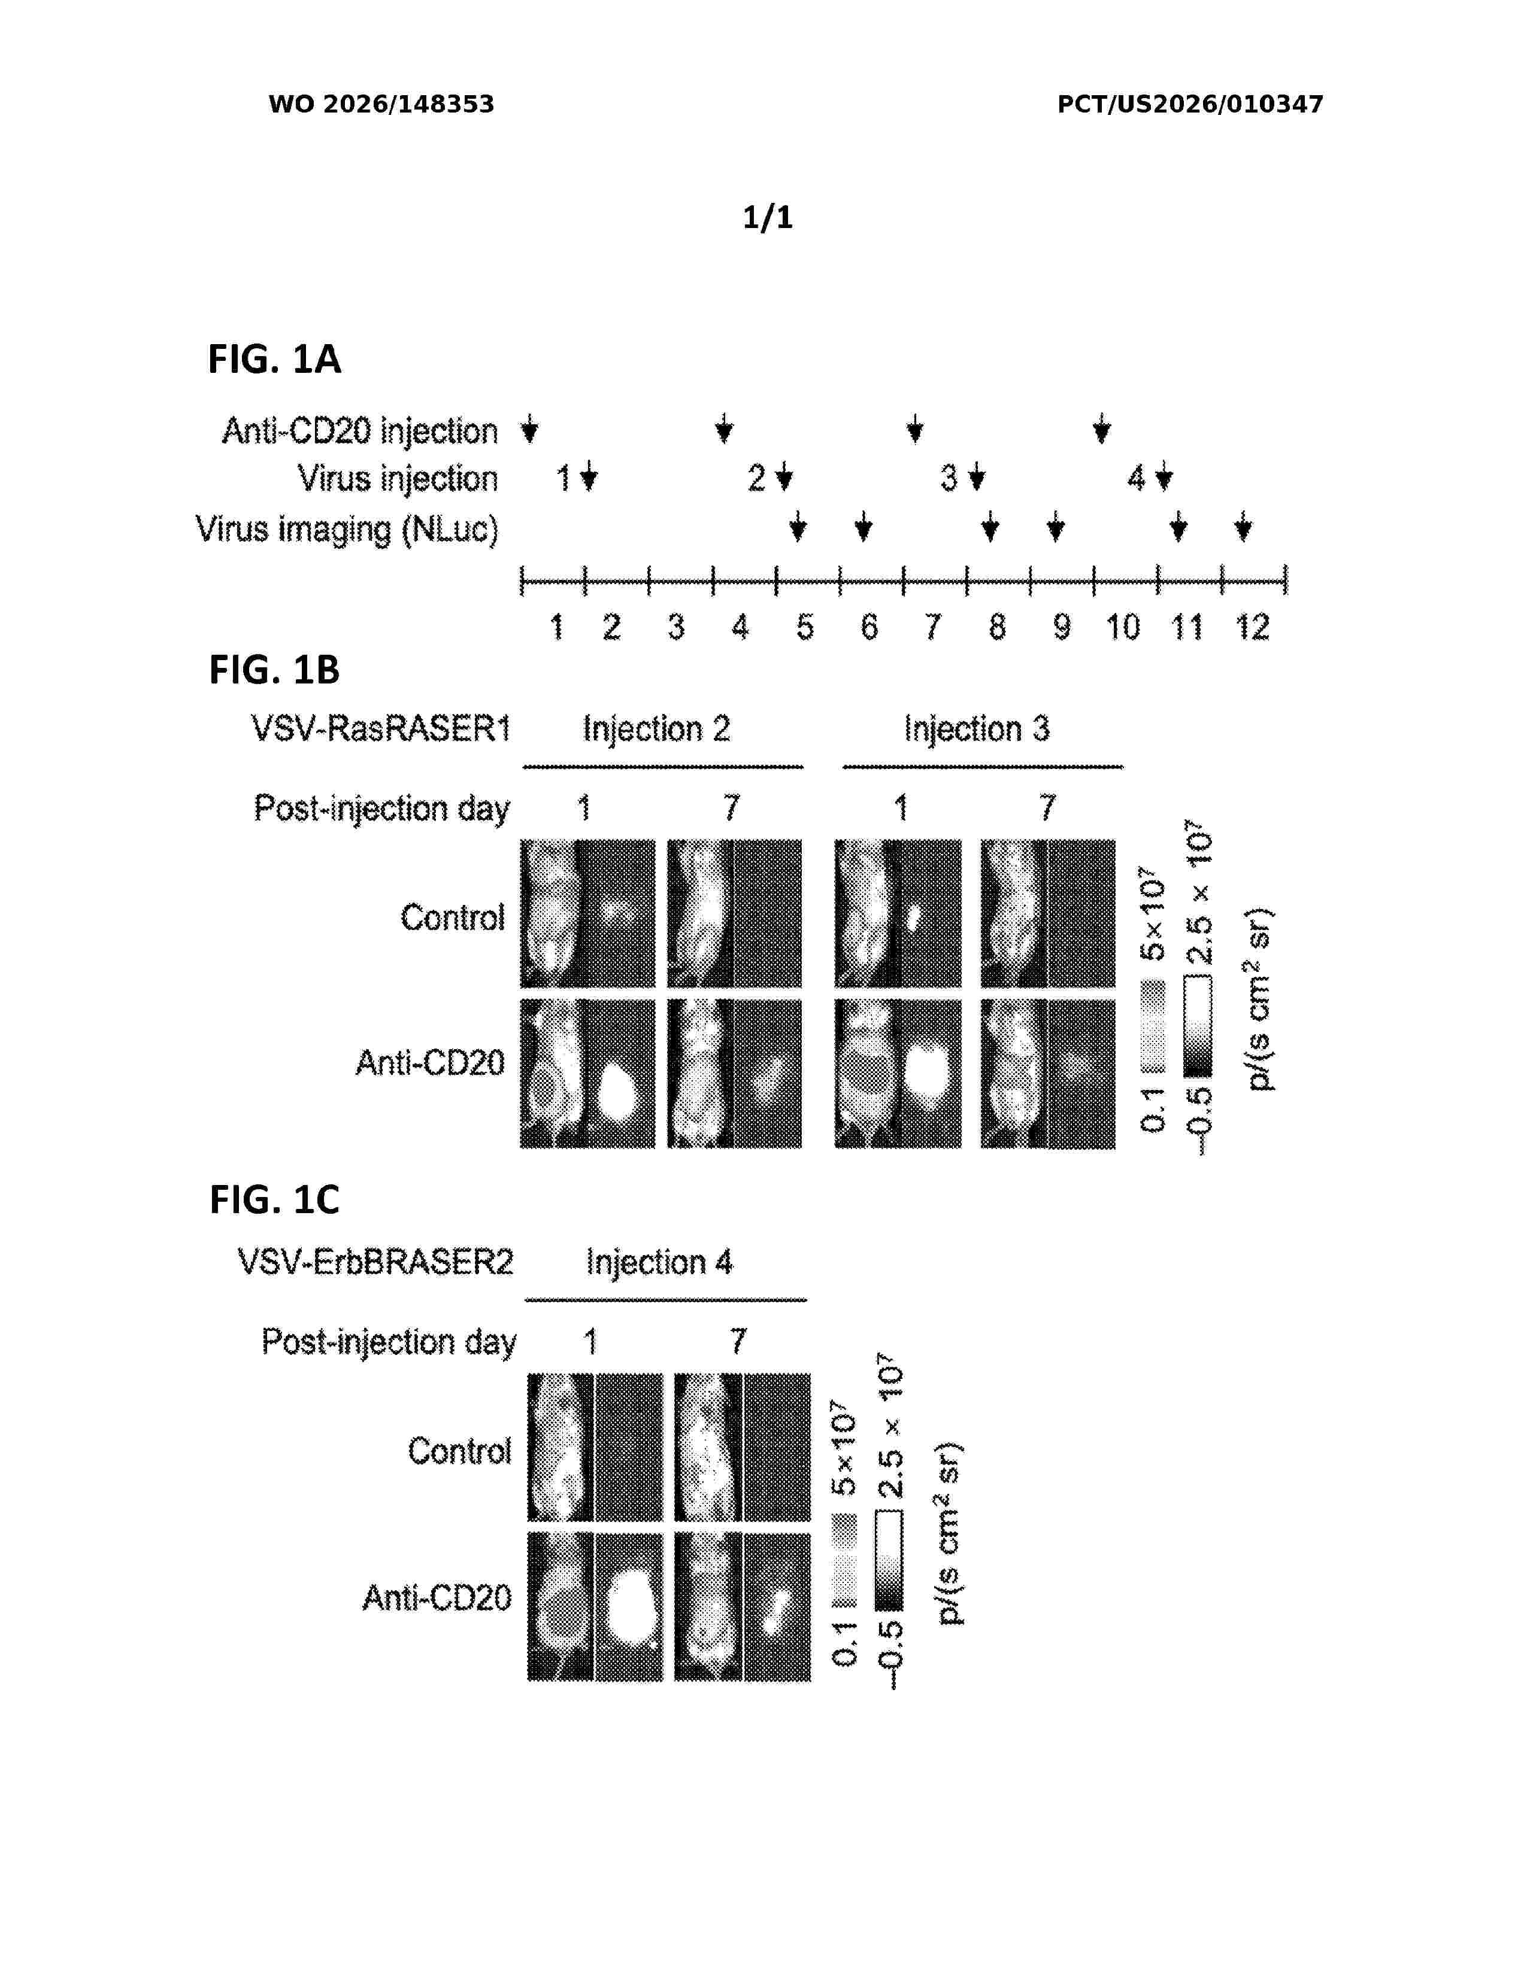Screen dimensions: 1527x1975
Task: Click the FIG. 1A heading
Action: [274, 359]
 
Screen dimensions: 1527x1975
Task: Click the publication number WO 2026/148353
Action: [381, 104]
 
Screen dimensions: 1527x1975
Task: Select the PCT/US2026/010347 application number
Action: [1190, 104]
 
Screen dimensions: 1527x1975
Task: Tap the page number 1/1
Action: [767, 217]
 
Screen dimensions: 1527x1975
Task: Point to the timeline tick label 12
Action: [1253, 627]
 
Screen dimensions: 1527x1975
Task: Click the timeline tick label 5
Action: [804, 627]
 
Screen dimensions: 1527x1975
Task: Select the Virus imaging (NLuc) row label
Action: [347, 530]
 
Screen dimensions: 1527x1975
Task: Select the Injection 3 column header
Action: [977, 728]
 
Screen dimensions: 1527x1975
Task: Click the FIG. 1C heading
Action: [274, 1200]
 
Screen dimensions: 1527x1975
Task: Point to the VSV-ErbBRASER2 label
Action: [375, 1262]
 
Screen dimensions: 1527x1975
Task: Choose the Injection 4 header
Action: [659, 1262]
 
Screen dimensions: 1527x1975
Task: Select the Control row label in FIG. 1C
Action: [459, 1451]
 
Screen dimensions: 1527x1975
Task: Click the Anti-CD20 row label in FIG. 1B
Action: [430, 1062]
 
